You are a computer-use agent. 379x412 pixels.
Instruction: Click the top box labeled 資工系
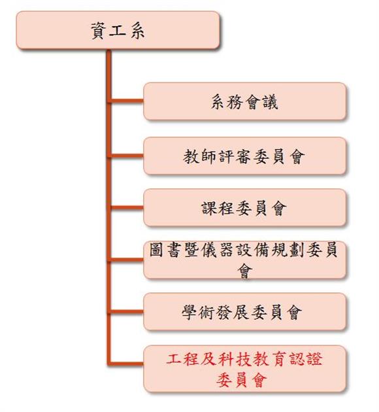[118, 30]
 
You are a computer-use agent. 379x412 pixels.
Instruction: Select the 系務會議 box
[244, 101]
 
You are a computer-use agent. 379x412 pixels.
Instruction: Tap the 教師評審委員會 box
[244, 156]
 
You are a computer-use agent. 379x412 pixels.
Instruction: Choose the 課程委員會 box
[244, 207]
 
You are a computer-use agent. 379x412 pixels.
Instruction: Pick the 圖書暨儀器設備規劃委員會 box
[244, 260]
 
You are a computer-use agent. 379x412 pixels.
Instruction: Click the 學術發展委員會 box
[244, 312]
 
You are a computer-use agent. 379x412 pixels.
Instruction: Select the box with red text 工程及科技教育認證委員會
[244, 369]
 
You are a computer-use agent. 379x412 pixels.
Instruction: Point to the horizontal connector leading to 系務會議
[127, 101]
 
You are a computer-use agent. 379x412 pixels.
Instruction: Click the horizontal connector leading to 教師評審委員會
[127, 156]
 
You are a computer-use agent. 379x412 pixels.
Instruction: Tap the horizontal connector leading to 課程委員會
[127, 207]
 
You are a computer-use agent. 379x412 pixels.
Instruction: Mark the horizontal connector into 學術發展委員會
[127, 312]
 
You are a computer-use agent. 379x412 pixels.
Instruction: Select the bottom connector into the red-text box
[127, 364]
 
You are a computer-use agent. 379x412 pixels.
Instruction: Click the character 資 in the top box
[98, 31]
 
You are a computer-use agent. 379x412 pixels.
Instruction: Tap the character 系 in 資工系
[137, 31]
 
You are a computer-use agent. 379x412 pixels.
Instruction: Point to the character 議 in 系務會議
[271, 101]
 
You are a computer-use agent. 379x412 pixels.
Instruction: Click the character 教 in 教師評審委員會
[191, 156]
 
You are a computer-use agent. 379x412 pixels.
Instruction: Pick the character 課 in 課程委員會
[209, 209]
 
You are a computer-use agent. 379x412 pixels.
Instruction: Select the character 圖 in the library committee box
[156, 249]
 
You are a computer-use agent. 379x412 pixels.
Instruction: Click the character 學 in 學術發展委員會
[189, 312]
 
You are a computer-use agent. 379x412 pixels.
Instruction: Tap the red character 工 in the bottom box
[173, 359]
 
